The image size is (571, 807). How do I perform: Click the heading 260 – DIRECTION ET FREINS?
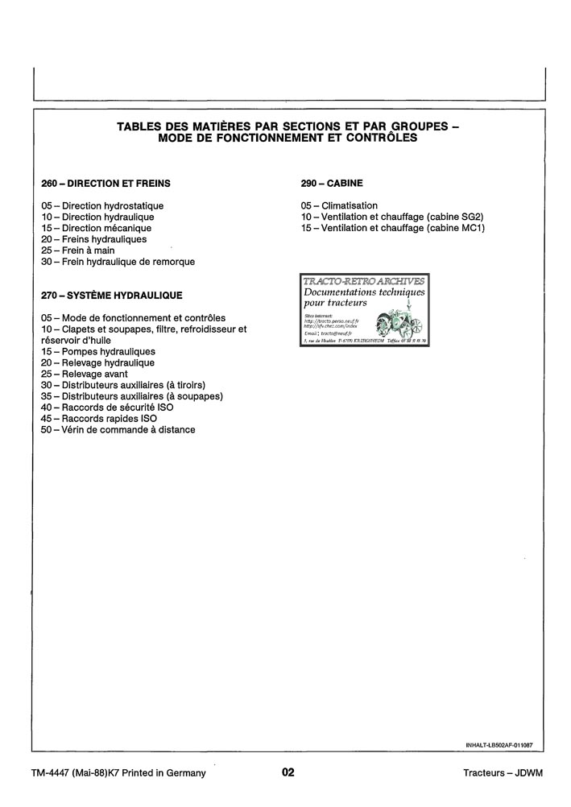[106, 184]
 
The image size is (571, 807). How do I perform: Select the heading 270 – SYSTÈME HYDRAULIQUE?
[111, 296]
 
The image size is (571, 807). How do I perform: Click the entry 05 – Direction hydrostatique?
[102, 206]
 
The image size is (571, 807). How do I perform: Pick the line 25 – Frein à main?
[78, 250]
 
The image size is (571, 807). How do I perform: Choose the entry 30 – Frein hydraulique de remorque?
[118, 262]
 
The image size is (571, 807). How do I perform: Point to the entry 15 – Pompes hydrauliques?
[98, 351]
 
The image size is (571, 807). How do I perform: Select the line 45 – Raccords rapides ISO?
[99, 419]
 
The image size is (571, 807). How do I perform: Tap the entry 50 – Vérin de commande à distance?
[118, 430]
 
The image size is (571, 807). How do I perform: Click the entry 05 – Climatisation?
[339, 206]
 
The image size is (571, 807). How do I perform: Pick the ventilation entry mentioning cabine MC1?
[392, 229]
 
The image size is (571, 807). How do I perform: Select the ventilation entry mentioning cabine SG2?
[392, 217]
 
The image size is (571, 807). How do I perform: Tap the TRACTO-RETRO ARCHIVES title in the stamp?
[363, 281]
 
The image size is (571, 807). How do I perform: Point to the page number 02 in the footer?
[288, 773]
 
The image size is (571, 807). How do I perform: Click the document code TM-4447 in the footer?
[50, 773]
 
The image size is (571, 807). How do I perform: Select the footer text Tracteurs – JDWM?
[503, 773]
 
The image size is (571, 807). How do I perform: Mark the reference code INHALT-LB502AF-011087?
[499, 745]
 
